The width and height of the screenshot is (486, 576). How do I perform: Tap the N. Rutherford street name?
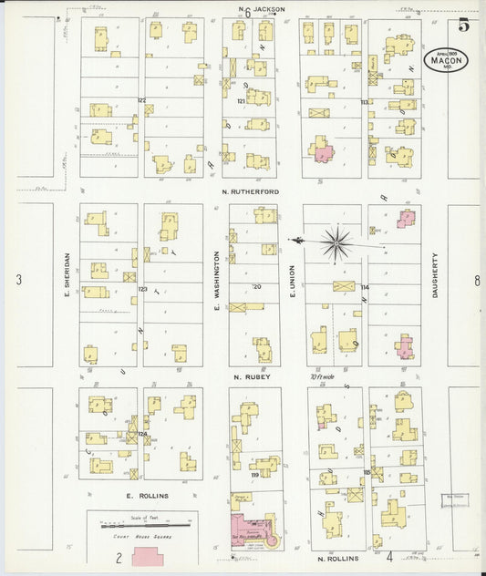(250, 191)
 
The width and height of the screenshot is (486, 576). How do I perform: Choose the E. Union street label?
(293, 281)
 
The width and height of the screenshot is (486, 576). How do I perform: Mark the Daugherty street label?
(436, 275)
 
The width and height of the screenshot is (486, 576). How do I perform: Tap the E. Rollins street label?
(143, 495)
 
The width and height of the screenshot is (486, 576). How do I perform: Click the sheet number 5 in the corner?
(463, 25)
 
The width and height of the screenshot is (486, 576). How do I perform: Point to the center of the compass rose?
(336, 242)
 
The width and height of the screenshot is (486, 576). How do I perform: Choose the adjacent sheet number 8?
(476, 281)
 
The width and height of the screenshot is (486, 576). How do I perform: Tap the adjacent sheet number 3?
(18, 280)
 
